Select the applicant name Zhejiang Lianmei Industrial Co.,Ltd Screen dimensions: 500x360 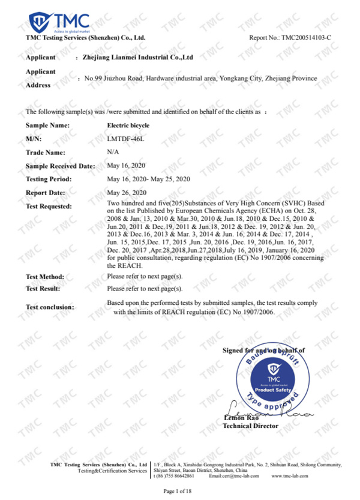140,58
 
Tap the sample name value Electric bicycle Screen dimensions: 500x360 128,125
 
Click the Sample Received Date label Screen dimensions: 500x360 60,166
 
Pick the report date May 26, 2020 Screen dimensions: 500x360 126,193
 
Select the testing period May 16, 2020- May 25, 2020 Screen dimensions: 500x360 148,179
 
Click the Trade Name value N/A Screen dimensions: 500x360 112,152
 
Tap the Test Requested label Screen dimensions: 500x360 49,206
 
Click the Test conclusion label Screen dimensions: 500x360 50,307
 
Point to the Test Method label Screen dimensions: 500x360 46,277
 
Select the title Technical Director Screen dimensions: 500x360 251,426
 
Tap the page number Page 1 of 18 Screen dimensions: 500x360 180,491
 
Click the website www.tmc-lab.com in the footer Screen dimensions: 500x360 290,475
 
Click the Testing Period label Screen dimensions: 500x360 49,179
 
